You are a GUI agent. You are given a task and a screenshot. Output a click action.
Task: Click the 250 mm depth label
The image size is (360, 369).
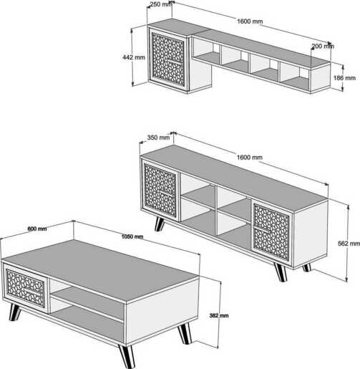(161, 4)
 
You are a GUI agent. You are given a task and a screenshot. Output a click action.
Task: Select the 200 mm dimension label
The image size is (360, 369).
(323, 46)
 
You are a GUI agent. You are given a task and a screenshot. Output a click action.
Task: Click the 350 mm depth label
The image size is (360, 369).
(157, 138)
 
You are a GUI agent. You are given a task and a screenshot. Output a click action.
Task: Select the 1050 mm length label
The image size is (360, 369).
(132, 236)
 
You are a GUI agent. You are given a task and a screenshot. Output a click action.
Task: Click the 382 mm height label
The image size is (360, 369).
(219, 315)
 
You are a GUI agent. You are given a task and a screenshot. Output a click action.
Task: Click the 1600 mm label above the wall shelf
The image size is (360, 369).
(250, 21)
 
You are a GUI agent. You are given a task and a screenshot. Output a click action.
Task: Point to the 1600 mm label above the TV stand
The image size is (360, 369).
(250, 157)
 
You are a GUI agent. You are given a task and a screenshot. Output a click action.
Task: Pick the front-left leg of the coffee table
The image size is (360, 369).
(14, 312)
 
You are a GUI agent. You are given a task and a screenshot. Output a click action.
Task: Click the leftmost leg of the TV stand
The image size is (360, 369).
(160, 224)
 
